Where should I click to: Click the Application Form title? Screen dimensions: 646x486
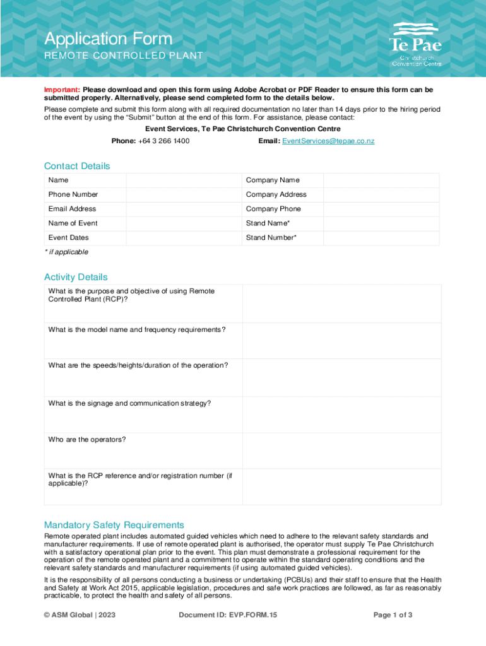(x=107, y=39)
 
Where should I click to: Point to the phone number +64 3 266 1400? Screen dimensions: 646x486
(x=163, y=141)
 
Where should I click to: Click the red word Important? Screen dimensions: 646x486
(x=61, y=90)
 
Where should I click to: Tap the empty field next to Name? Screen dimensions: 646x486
(x=184, y=180)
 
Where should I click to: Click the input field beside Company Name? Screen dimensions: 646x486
(x=382, y=180)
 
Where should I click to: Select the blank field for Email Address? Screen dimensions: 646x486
(x=184, y=209)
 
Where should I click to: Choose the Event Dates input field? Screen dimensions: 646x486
(x=184, y=238)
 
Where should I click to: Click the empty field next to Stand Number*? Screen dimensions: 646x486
(x=382, y=238)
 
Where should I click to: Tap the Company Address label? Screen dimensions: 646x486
(x=276, y=194)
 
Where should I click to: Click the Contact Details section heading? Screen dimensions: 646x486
(x=77, y=166)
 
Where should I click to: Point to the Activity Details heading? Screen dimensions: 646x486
(x=76, y=277)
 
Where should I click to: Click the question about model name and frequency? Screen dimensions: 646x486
(x=136, y=330)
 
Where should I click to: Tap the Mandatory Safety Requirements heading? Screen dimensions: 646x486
(x=114, y=525)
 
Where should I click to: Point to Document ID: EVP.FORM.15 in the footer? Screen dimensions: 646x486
(x=228, y=614)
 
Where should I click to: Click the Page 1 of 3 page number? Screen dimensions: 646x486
(x=393, y=614)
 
